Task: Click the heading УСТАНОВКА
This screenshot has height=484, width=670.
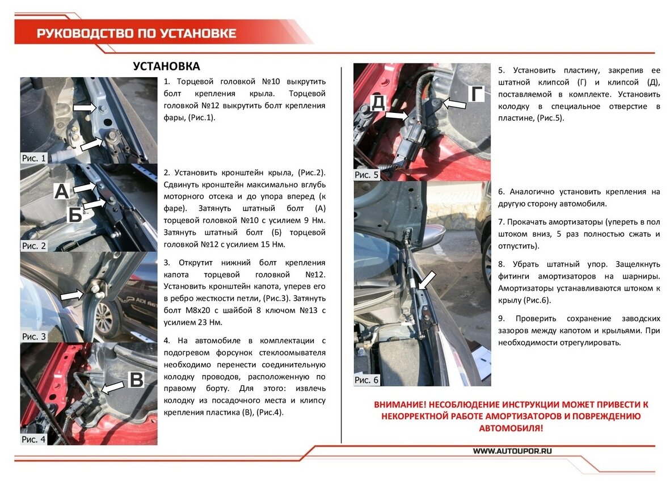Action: pyautogui.click(x=166, y=66)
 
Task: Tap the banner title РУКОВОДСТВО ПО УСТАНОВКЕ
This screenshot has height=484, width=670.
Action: pyautogui.click(x=137, y=33)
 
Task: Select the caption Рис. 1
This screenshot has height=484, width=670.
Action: pyautogui.click(x=34, y=158)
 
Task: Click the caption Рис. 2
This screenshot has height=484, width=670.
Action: pyautogui.click(x=34, y=246)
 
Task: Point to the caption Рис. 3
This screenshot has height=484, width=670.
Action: pyautogui.click(x=34, y=336)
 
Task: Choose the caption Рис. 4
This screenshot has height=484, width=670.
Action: pyautogui.click(x=34, y=439)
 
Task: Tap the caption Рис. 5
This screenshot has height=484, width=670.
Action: pyautogui.click(x=366, y=175)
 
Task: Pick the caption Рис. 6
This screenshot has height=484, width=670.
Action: pyautogui.click(x=366, y=380)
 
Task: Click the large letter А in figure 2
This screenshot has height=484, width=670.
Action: pyautogui.click(x=61, y=192)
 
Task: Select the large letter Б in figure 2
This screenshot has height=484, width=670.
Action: pyautogui.click(x=76, y=214)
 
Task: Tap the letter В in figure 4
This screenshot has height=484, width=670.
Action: pyautogui.click(x=137, y=380)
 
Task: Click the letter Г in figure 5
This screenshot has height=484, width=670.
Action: pyautogui.click(x=475, y=94)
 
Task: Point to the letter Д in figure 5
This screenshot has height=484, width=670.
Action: pyautogui.click(x=378, y=102)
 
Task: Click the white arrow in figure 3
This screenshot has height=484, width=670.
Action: pyautogui.click(x=71, y=295)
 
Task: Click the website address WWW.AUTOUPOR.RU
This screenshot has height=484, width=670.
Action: pyautogui.click(x=512, y=451)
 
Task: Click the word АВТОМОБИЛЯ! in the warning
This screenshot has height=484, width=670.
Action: pyautogui.click(x=511, y=428)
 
